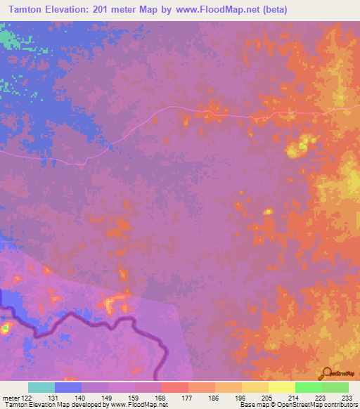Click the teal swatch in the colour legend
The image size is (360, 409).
[41, 387]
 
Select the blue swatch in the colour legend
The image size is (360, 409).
[68, 387]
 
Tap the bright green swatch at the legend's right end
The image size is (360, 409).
[335, 387]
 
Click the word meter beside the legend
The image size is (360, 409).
[10, 397]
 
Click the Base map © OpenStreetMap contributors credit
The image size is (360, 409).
[297, 405]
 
